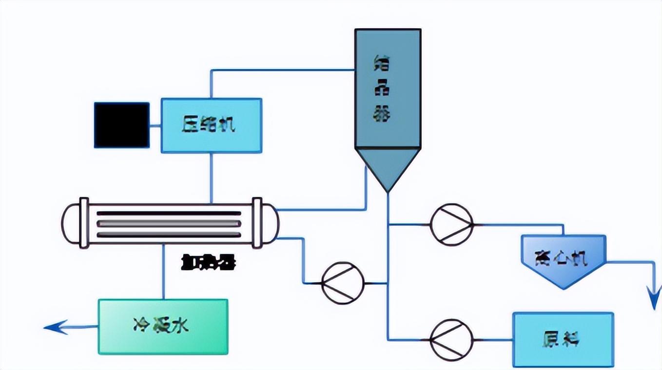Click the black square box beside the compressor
click(x=121, y=125)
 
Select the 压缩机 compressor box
click(x=211, y=126)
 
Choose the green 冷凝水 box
click(x=163, y=326)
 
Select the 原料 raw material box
click(x=563, y=339)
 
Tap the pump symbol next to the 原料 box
click(x=451, y=339)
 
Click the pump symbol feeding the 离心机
click(x=451, y=224)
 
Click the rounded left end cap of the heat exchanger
click(x=71, y=223)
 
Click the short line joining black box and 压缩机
click(x=155, y=125)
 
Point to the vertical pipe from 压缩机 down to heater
click(x=211, y=178)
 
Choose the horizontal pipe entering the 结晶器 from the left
click(x=283, y=70)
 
